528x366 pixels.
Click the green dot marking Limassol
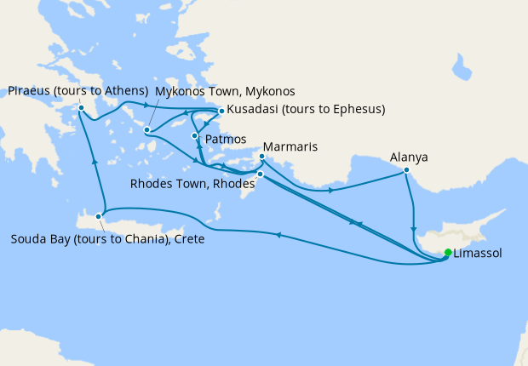click(449, 252)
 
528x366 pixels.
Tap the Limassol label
click(478, 254)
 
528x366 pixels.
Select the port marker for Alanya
click(406, 170)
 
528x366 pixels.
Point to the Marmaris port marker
click(261, 157)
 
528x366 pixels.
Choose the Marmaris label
click(290, 147)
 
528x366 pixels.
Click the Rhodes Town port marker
click(261, 174)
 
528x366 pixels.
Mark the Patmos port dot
click(195, 136)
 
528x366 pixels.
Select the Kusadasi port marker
click(221, 111)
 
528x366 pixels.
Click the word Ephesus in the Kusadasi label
click(358, 109)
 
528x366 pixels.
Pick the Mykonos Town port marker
click(147, 130)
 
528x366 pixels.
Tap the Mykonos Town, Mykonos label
click(225, 90)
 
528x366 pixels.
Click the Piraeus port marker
click(81, 107)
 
